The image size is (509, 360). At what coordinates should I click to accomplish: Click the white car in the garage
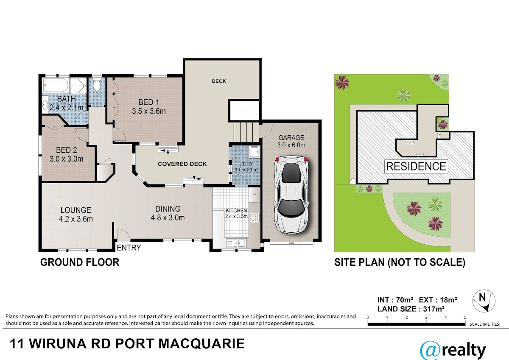point(291,195)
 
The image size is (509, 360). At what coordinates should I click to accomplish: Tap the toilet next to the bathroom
point(97,84)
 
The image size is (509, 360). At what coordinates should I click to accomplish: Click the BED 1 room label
point(149,107)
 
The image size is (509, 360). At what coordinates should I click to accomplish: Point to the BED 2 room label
point(67,154)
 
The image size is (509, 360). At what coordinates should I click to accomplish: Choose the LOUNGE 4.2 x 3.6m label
point(76,215)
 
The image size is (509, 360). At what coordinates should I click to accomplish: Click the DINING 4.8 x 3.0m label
point(168,213)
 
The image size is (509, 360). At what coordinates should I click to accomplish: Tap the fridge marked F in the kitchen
point(255,195)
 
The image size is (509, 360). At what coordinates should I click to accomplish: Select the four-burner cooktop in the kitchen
point(255,218)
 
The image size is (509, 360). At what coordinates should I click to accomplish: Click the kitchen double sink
point(236,243)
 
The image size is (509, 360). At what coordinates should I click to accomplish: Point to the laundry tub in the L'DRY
point(254,152)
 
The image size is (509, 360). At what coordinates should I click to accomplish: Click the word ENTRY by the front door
point(129,248)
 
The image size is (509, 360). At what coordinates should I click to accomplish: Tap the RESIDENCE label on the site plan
point(416,167)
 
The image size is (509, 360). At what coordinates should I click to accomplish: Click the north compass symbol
point(484,301)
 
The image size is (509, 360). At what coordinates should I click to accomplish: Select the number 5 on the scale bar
point(465,318)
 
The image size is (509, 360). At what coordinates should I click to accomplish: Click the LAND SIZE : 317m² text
point(411,309)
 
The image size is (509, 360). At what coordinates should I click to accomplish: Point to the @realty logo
point(453,351)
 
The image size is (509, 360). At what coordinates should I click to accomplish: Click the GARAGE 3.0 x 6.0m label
point(291,141)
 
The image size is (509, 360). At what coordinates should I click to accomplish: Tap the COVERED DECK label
point(182,164)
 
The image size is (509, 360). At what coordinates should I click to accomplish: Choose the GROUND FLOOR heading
point(80,262)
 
